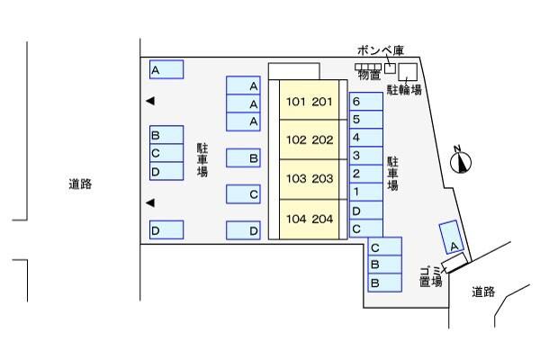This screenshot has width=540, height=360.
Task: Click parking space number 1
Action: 365,192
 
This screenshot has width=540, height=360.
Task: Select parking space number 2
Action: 365,174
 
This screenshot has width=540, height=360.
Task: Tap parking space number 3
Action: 365,156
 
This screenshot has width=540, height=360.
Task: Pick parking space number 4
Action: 365,138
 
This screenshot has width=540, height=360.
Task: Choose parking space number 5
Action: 365,120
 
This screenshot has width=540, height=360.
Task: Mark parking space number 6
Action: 365,102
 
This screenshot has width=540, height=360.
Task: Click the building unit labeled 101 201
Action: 310,102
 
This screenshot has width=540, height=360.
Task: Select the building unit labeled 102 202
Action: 310,140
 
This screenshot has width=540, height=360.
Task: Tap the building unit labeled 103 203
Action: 310,179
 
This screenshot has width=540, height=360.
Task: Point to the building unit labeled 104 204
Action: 310,219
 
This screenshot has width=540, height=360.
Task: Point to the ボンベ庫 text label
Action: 376,50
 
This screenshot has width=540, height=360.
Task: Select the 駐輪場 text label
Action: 405,90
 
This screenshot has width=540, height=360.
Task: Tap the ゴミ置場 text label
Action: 431,275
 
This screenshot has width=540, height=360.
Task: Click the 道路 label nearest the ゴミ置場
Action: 484,292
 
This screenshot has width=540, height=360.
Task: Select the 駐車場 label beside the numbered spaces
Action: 392,173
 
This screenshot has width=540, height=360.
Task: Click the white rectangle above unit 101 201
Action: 293,71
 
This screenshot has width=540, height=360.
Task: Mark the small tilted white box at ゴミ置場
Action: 455,263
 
